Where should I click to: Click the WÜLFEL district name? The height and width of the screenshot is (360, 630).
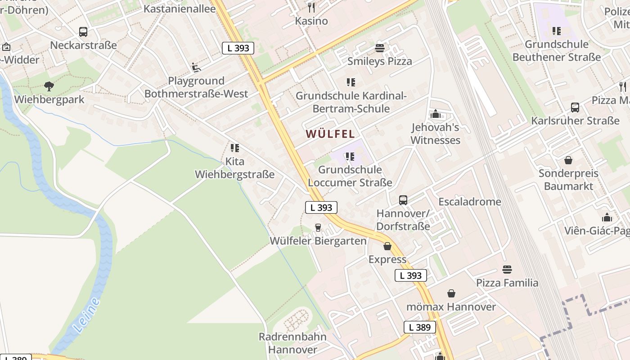pyautogui.click(x=330, y=134)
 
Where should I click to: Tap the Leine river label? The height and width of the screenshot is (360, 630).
pyautogui.click(x=85, y=315)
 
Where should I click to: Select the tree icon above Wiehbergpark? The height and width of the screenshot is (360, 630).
pyautogui.click(x=49, y=86)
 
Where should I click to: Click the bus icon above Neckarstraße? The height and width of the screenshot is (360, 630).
pyautogui.click(x=83, y=32)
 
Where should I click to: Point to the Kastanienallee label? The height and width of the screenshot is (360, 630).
pyautogui.click(x=180, y=9)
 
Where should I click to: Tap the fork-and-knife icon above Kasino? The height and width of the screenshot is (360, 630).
pyautogui.click(x=311, y=7)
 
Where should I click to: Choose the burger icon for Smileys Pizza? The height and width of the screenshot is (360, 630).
pyautogui.click(x=380, y=48)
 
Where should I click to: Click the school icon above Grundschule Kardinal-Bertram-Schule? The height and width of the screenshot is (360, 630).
pyautogui.click(x=351, y=82)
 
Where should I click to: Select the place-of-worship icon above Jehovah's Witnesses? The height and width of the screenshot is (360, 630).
pyautogui.click(x=435, y=114)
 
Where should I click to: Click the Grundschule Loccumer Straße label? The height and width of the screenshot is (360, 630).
pyautogui.click(x=350, y=176)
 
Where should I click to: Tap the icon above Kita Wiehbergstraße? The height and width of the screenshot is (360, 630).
pyautogui.click(x=234, y=148)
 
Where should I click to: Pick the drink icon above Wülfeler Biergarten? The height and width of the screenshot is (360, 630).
pyautogui.click(x=318, y=228)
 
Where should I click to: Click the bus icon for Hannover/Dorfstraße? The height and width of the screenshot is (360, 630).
pyautogui.click(x=403, y=200)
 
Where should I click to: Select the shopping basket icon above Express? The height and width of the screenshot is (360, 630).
pyautogui.click(x=387, y=246)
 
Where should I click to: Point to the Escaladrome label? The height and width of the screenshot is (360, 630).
pyautogui.click(x=470, y=202)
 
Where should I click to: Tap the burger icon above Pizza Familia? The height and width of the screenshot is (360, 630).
pyautogui.click(x=507, y=270)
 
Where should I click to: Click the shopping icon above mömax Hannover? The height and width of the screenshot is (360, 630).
pyautogui.click(x=451, y=294)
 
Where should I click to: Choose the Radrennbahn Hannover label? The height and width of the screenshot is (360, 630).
pyautogui.click(x=288, y=343)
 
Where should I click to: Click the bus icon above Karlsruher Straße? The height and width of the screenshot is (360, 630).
pyautogui.click(x=575, y=108)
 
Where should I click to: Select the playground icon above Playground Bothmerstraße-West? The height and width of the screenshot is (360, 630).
pyautogui.click(x=196, y=67)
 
